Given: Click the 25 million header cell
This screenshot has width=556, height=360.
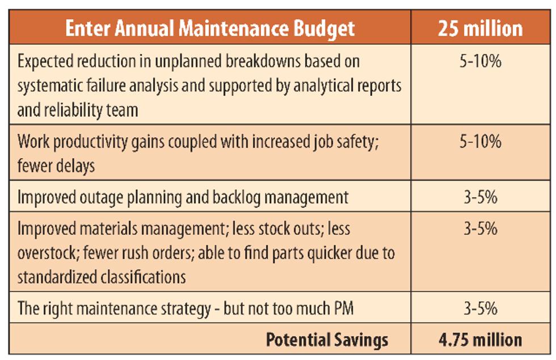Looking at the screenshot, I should tap(480, 28).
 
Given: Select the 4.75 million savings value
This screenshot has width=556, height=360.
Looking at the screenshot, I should tap(480, 340).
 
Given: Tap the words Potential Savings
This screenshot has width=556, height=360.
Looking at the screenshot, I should tap(327, 340).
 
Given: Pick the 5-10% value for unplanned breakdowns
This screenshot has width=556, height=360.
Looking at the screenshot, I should tap(480, 61).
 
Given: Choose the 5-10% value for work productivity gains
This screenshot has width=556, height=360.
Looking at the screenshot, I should tap(480, 142).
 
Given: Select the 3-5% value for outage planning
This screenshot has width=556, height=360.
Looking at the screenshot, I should tap(480, 197).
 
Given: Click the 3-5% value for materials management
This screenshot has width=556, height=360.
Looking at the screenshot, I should tap(480, 228).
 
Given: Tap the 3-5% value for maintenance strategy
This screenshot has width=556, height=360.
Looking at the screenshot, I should tap(480, 308).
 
